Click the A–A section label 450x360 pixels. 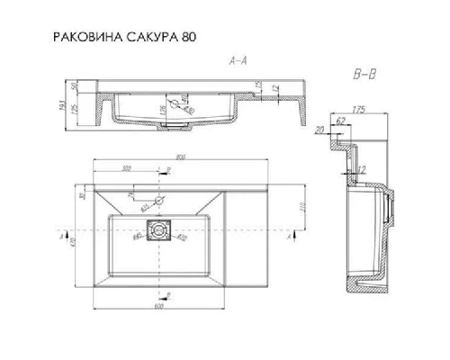coord(239,61)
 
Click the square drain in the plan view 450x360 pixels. coord(161,229)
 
